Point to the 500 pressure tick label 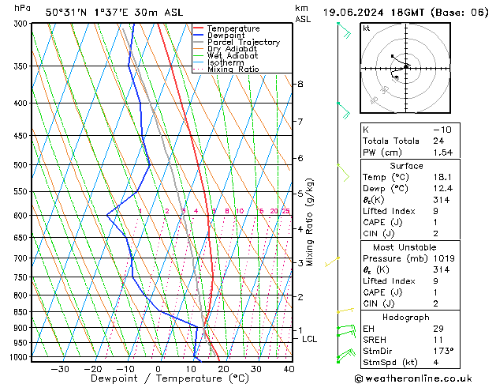point(21,165)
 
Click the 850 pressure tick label point(21,312)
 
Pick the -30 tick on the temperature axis point(60,369)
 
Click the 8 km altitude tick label point(300,84)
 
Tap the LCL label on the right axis point(310,339)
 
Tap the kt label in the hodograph point(367,28)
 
